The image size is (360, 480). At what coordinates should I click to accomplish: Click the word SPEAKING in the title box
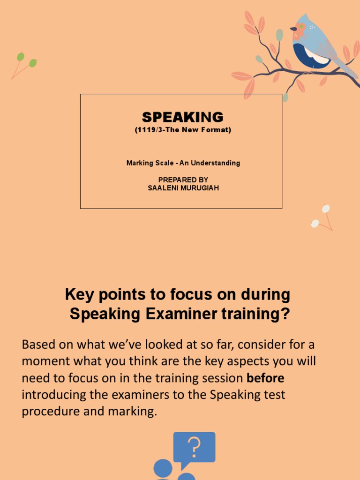(x=182, y=117)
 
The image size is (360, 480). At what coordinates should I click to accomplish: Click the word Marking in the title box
(x=139, y=163)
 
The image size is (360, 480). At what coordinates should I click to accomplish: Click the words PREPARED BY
(x=183, y=180)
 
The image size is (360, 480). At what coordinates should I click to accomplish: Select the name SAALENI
(x=162, y=188)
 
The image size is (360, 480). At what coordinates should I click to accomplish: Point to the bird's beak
(x=293, y=29)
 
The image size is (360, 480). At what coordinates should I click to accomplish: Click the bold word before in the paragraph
(x=265, y=378)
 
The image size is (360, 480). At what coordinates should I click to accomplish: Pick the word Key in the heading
(x=77, y=295)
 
